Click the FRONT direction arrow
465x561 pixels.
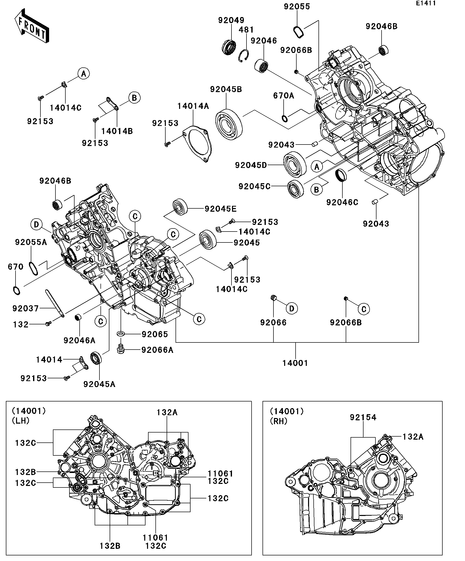tap(32, 26)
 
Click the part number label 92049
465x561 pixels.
tap(231, 20)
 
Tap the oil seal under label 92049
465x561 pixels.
tap(229, 47)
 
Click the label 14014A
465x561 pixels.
tap(193, 106)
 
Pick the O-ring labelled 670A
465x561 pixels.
tap(285, 118)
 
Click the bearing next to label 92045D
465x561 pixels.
tap(295, 164)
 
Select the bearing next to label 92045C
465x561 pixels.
tap(296, 189)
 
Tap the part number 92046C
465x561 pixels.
tap(342, 202)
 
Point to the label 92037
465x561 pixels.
tap(26, 309)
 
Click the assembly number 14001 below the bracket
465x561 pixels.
tap(295, 363)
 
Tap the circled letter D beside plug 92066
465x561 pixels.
tap(292, 309)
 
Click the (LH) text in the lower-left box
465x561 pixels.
tap(21, 421)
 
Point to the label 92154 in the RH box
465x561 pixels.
tap(363, 417)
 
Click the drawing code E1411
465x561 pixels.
tap(426, 3)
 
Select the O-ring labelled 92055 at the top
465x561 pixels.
tap(299, 32)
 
